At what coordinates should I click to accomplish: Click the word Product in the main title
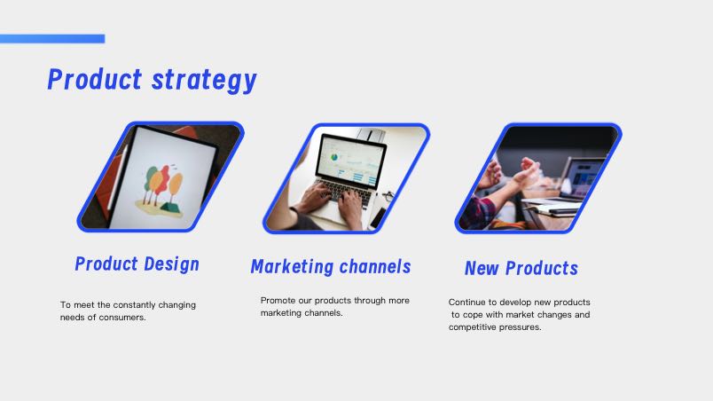[x=95, y=79]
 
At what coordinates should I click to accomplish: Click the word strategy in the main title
[x=204, y=81]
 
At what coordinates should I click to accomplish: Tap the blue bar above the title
[x=52, y=39]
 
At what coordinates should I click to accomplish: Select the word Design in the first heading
[x=172, y=264]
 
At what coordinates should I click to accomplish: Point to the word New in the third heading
[x=482, y=268]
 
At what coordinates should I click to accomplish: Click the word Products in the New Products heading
[x=542, y=268]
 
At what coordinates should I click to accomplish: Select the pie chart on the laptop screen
[x=334, y=157]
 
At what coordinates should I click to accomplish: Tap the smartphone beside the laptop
[x=378, y=217]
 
